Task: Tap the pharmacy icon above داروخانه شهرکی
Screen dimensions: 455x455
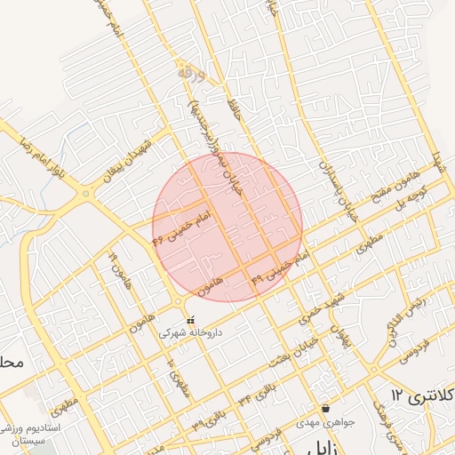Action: point(189,321)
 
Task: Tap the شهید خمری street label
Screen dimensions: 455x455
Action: point(322,310)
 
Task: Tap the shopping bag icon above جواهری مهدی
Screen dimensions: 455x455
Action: point(325,408)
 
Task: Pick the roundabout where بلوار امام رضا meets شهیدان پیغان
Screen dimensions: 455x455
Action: point(86,192)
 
